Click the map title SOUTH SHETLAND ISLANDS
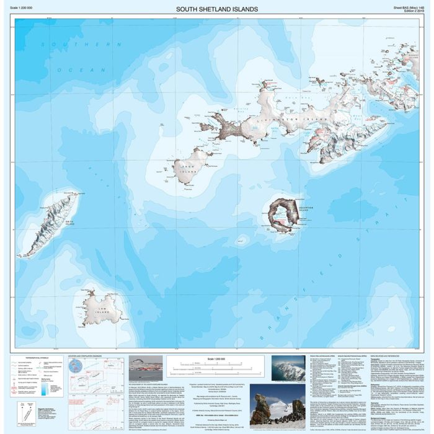217,9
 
